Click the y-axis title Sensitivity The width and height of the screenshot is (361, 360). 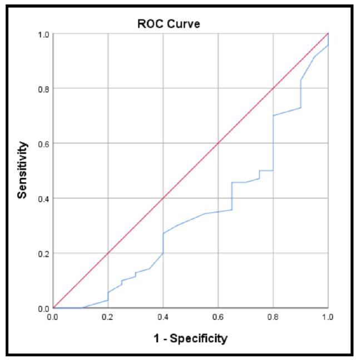(x=22, y=170)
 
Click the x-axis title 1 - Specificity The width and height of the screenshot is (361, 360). (x=190, y=338)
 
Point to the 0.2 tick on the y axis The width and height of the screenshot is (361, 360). (x=42, y=253)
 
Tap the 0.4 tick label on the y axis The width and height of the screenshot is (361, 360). (x=42, y=198)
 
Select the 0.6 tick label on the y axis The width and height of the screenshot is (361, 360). (x=42, y=143)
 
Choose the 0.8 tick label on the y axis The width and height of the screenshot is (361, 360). (x=42, y=88)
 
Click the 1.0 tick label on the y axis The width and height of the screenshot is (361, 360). (x=42, y=34)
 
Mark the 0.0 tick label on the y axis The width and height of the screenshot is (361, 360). (x=42, y=308)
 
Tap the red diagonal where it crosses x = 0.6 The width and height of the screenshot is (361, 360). (x=218, y=143)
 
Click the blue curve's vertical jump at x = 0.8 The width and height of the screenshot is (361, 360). (x=273, y=143)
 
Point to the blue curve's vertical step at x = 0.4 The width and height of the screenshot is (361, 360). (x=163, y=243)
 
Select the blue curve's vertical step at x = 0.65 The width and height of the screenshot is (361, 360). (x=232, y=196)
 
